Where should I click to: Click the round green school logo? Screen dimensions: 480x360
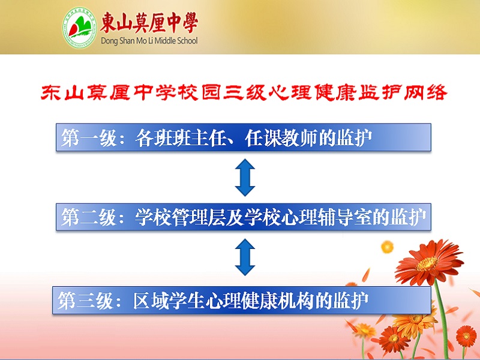pyautogui.click(x=80, y=28)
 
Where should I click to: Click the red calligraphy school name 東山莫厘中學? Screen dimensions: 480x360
pyautogui.click(x=149, y=23)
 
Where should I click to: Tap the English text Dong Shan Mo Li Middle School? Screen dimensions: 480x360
pyautogui.click(x=149, y=41)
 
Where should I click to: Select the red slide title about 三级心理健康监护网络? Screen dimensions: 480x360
pyautogui.click(x=244, y=92)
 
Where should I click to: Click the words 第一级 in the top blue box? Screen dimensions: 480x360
pyautogui.click(x=89, y=138)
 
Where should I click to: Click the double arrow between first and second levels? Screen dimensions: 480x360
pyautogui.click(x=245, y=178)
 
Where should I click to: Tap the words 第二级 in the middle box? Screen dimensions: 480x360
pyautogui.click(x=89, y=217)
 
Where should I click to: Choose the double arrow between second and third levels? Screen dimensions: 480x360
pyautogui.click(x=245, y=257)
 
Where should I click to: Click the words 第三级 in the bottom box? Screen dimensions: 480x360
pyautogui.click(x=86, y=301)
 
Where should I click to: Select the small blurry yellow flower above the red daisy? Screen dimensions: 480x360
pyautogui.click(x=387, y=247)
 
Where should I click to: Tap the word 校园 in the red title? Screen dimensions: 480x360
pyautogui.click(x=210, y=92)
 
